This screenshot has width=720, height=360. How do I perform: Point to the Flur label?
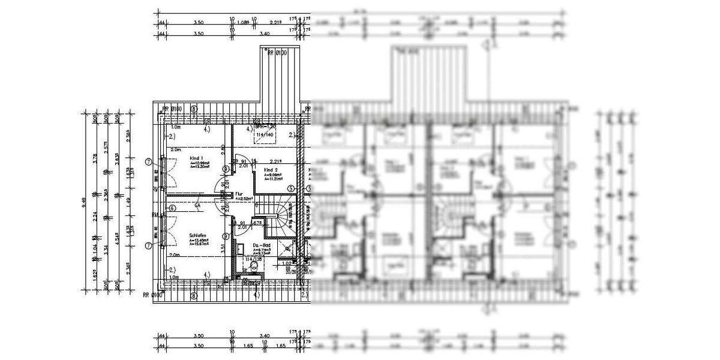click(x=238, y=194)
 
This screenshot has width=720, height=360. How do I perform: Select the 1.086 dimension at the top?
click(x=243, y=23)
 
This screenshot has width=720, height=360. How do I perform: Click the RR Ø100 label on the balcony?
click(x=278, y=53)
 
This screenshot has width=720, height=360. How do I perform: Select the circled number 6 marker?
click(x=172, y=208)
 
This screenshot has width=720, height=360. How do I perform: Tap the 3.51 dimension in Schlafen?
click(x=223, y=246)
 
